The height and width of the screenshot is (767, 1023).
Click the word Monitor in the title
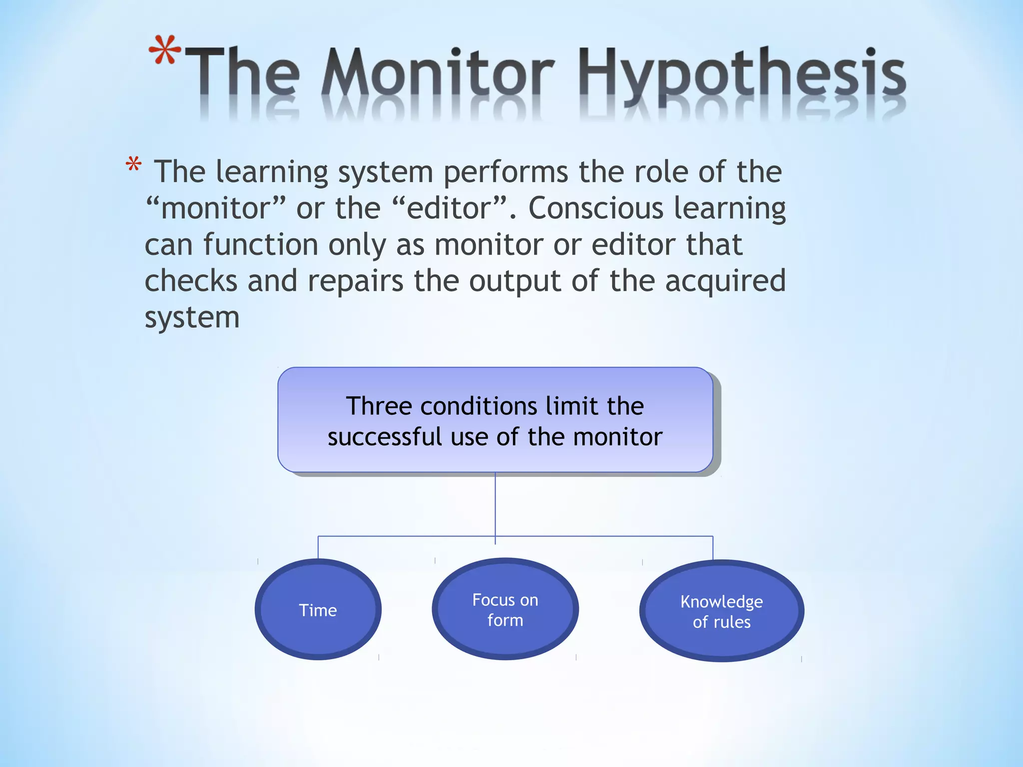437,72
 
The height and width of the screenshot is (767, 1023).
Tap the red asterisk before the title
165,50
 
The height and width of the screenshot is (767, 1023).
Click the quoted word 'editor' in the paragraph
450,208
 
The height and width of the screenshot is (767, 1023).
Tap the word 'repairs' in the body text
355,281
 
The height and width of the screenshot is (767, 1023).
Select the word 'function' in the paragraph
260,245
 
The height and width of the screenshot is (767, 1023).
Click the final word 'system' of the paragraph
192,318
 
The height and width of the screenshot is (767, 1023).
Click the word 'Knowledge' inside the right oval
721,602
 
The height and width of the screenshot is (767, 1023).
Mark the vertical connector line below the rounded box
495,504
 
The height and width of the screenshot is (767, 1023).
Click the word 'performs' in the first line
506,172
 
